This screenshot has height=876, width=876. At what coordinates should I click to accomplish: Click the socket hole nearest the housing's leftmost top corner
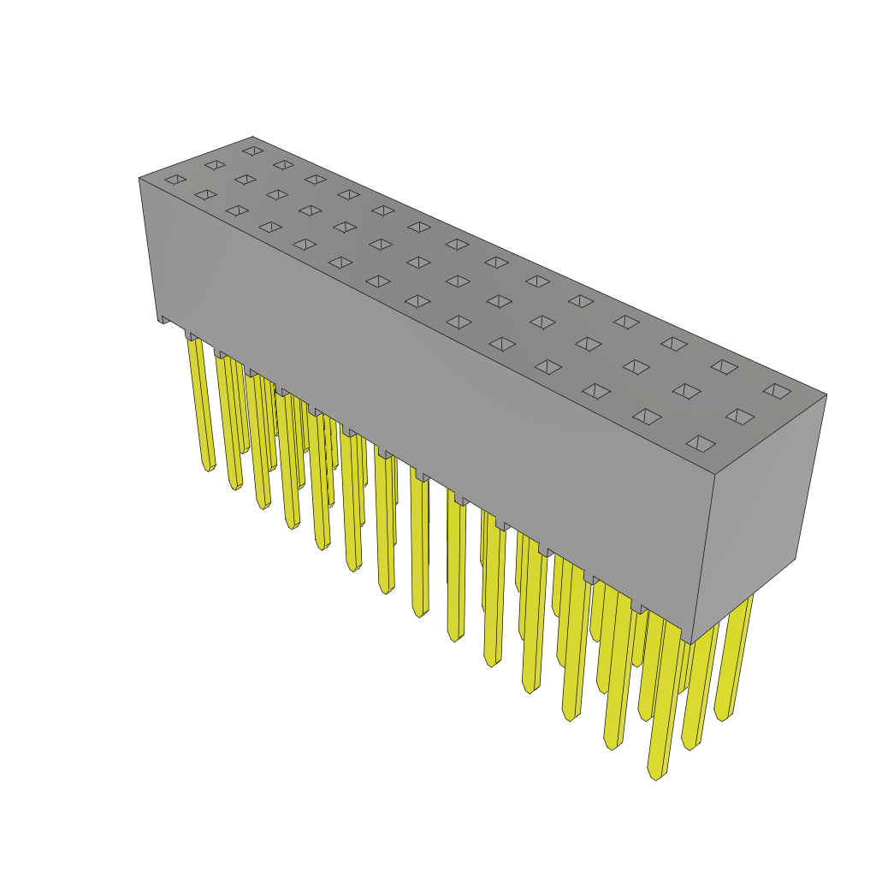(x=175, y=180)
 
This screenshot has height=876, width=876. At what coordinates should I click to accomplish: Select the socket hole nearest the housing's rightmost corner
(x=777, y=391)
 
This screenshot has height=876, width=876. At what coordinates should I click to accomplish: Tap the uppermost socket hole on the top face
(x=253, y=151)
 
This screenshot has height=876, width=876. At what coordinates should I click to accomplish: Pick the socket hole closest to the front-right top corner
(x=701, y=443)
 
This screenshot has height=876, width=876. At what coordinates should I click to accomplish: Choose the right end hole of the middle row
(x=740, y=417)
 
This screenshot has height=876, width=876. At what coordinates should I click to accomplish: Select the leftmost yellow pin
(x=200, y=402)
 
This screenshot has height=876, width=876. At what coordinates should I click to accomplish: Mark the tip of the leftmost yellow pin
(x=208, y=468)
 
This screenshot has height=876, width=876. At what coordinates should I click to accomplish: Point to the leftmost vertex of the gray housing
(x=139, y=178)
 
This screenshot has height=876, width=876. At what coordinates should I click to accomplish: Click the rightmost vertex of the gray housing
(x=826, y=394)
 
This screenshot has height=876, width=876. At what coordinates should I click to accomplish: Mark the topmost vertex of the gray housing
(x=253, y=137)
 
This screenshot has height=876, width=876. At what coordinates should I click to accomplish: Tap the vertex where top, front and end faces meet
(x=715, y=475)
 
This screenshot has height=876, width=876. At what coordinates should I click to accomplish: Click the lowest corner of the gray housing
(x=691, y=643)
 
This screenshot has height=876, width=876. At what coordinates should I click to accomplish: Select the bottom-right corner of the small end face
(x=796, y=559)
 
